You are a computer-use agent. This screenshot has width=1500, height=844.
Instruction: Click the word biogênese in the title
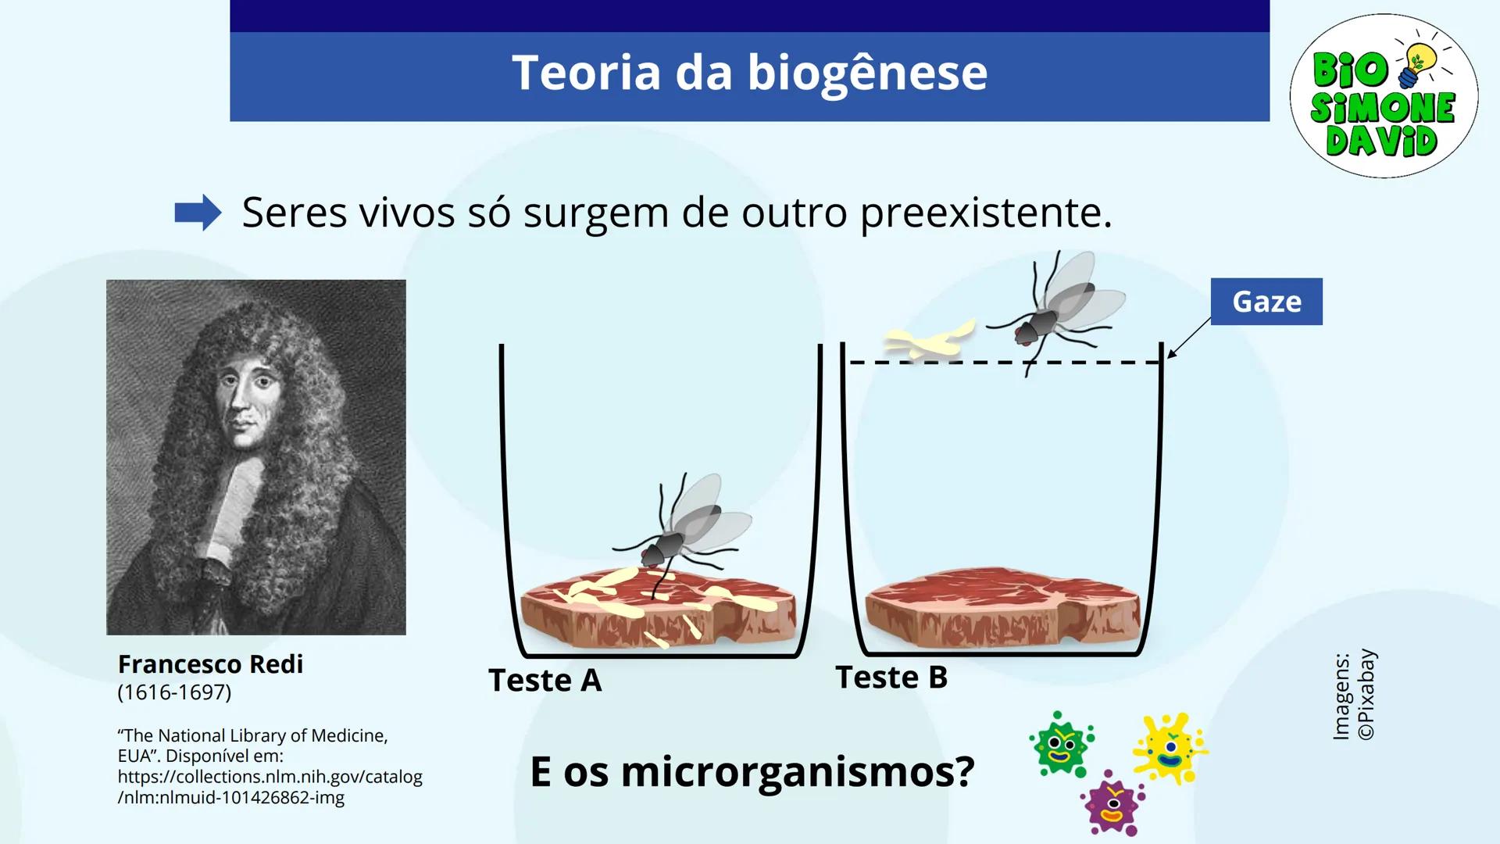867,73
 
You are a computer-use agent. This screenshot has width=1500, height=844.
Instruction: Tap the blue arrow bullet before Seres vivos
198,213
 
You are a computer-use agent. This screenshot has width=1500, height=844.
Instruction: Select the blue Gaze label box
1266,302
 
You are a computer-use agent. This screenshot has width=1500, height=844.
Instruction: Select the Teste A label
545,680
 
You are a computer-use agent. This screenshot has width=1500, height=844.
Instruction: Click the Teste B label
891,677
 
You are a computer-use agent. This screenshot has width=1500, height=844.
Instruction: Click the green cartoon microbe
1060,744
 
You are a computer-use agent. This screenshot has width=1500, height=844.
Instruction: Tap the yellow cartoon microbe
1170,747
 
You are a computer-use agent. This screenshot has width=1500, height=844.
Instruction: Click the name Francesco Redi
210,664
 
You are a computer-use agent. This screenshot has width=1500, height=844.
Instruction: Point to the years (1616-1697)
174,692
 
